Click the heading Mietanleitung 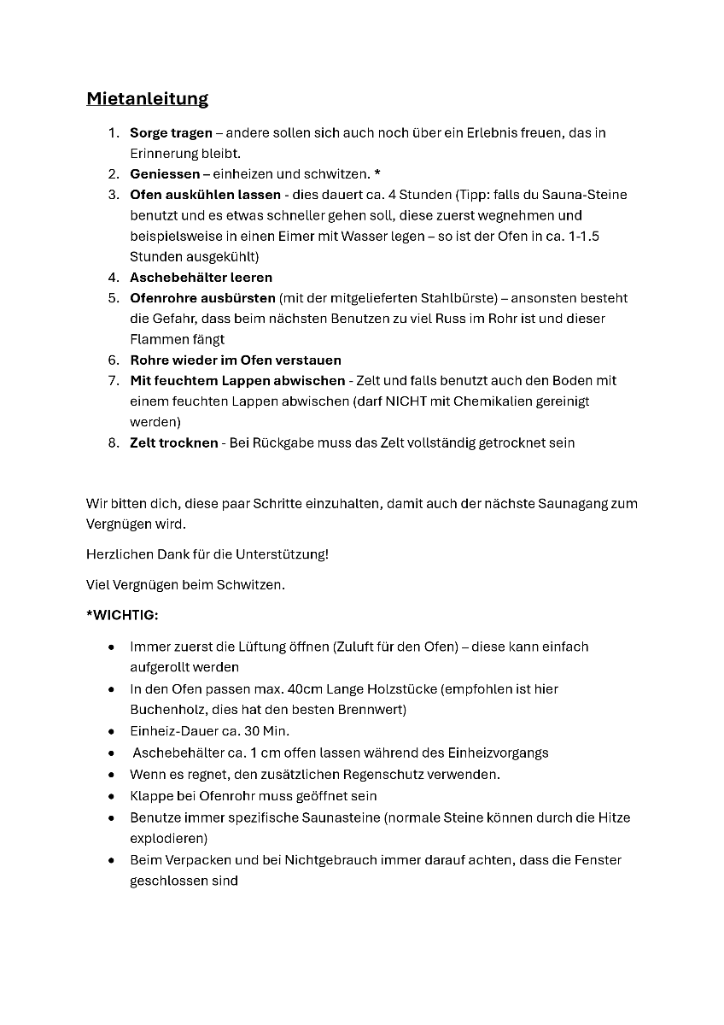[x=147, y=98]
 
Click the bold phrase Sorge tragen [x=171, y=133]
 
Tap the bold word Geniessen [x=164, y=174]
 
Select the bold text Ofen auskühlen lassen [x=205, y=195]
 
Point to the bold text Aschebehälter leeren [x=201, y=278]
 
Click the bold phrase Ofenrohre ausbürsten [x=202, y=298]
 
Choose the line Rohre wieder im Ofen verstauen [x=235, y=360]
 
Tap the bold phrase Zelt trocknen [x=173, y=442]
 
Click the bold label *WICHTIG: [x=122, y=615]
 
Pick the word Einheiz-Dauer [x=172, y=731]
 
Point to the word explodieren [x=168, y=838]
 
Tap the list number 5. [x=113, y=298]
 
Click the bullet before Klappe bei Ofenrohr [x=112, y=796]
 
